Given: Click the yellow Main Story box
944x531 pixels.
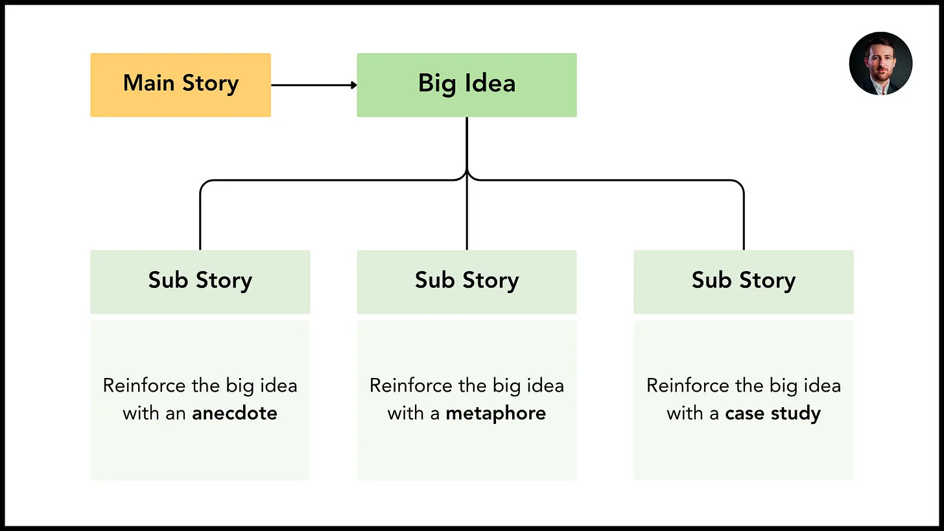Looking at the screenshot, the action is (x=180, y=85).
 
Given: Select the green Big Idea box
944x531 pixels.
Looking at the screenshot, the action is (x=467, y=85).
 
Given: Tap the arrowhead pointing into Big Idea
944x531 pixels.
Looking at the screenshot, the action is (x=354, y=85).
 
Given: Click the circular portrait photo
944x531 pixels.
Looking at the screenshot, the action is (x=880, y=64).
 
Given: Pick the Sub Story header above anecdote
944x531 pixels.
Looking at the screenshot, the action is (x=200, y=282).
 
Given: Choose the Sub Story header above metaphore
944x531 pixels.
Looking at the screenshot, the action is (x=467, y=282).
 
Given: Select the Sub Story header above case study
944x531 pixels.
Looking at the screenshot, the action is (x=744, y=282).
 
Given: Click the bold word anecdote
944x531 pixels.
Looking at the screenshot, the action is (x=235, y=413).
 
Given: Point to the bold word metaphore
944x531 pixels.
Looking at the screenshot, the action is (x=495, y=414).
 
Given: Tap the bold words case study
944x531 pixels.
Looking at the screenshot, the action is (x=773, y=414).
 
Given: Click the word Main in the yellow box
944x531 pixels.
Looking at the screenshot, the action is (x=148, y=82).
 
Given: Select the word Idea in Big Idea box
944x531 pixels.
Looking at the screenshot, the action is (x=490, y=82).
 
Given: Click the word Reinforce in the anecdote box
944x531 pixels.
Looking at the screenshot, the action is (x=144, y=386).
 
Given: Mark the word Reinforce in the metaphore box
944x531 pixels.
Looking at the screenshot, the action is (x=411, y=386).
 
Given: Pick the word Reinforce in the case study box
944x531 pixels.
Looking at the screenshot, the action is (x=688, y=386).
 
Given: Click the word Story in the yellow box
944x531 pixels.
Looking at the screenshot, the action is (x=210, y=84).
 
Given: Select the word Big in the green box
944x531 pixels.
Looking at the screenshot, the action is (x=437, y=84).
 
